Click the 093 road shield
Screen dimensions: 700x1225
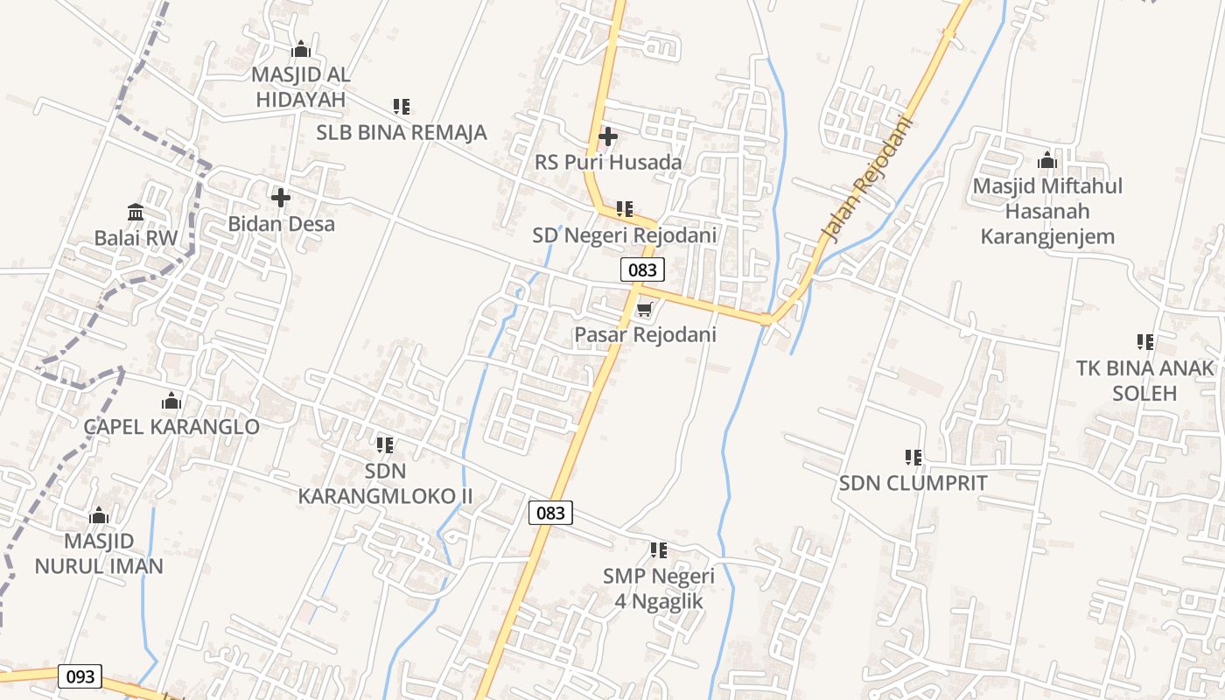coord(80,676)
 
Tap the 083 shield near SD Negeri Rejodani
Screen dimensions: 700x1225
coord(642,269)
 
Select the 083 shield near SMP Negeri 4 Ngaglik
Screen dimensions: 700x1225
coord(550,513)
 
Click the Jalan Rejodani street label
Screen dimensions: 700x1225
coord(866,179)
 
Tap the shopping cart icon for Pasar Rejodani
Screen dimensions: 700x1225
coord(645,309)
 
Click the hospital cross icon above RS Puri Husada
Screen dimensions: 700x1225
coord(607,136)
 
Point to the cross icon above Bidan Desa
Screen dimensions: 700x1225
coord(281,198)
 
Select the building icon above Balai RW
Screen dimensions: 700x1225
coord(136,212)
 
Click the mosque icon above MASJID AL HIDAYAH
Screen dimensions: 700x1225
coord(301,49)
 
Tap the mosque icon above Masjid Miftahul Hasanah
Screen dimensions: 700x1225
coord(1046,161)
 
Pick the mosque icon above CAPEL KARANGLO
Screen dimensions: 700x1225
coord(171,402)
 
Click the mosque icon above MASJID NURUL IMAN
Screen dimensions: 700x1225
coord(99,515)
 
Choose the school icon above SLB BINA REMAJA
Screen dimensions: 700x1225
coord(402,107)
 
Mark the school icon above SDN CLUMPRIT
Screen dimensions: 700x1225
coord(913,457)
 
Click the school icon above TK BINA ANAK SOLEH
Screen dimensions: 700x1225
coord(1145,341)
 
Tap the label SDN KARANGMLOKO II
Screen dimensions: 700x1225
coord(385,484)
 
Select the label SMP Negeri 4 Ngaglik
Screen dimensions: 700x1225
coord(658,589)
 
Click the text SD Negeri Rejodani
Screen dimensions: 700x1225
coord(625,235)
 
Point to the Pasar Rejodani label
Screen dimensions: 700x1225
coord(645,335)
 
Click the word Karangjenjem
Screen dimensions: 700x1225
coord(1047,236)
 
